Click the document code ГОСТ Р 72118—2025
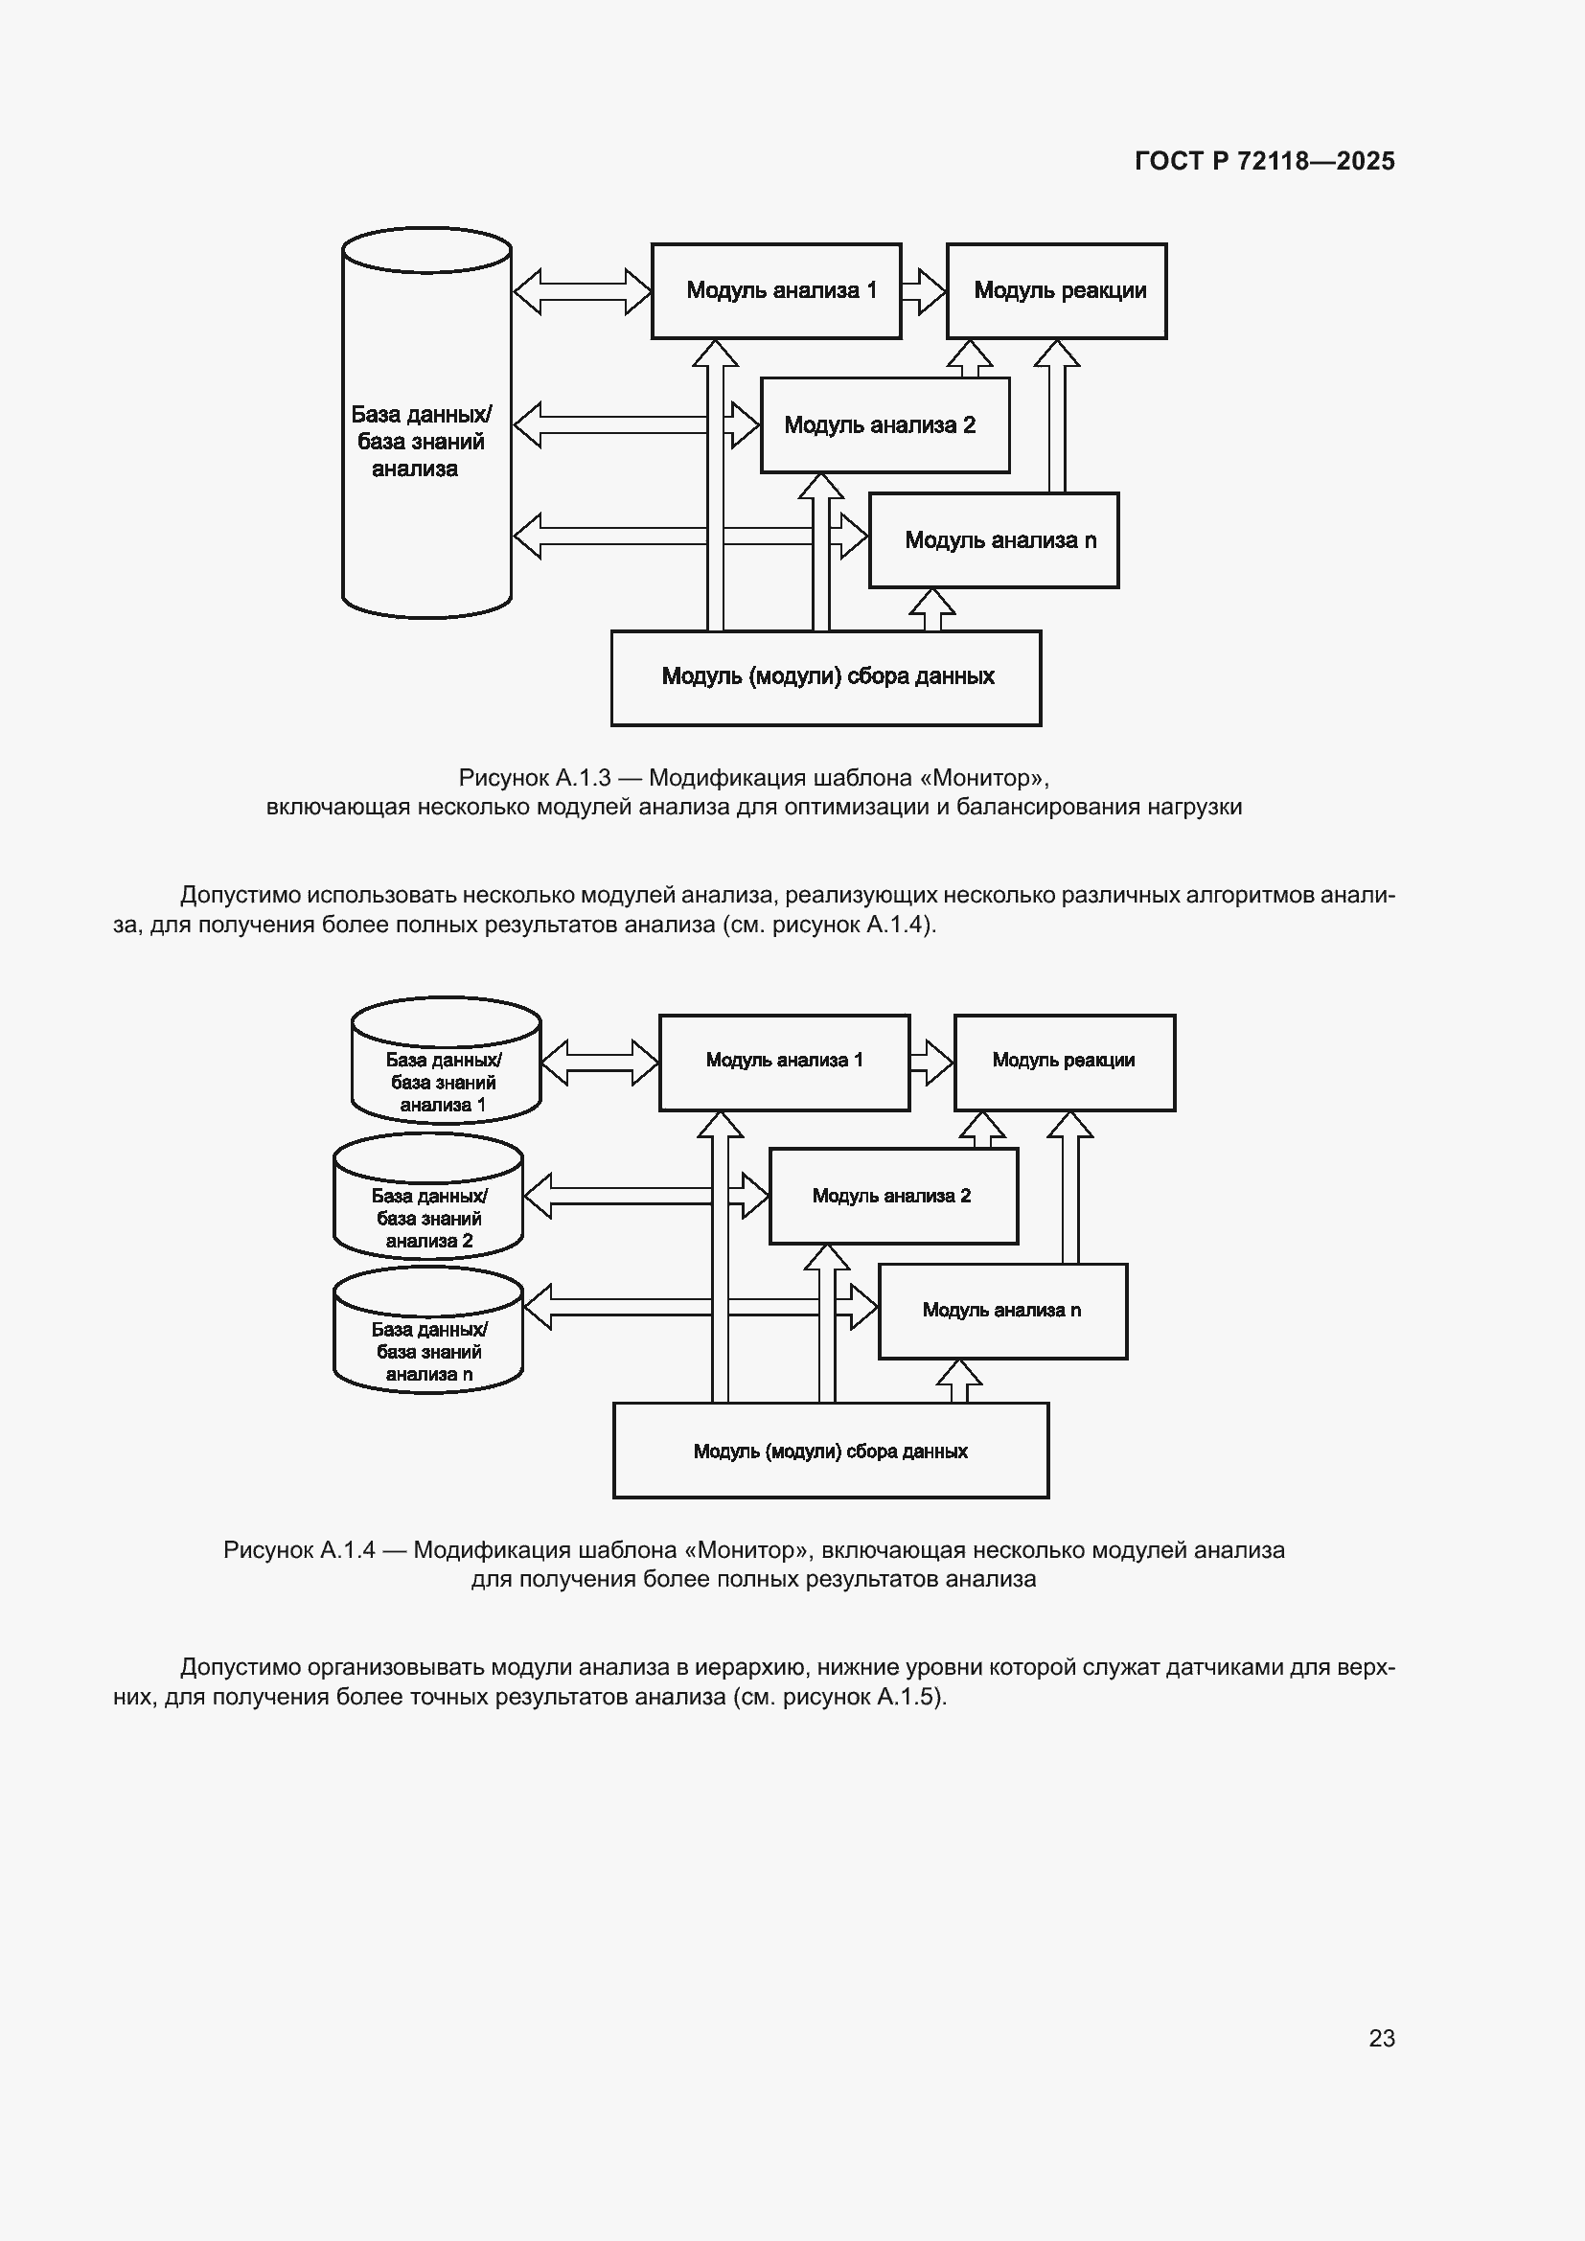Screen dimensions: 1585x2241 [1265, 161]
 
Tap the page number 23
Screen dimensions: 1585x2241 [1382, 2038]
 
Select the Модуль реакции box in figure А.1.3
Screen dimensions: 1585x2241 [1057, 291]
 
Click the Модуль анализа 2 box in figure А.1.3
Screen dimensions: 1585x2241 [885, 425]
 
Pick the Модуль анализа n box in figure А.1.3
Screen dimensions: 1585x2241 [994, 540]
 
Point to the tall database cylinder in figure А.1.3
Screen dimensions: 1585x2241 [426, 423]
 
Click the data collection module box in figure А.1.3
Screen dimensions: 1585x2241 [826, 678]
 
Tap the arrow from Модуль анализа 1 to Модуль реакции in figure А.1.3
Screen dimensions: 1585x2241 [923, 291]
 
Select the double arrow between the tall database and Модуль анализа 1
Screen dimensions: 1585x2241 [582, 291]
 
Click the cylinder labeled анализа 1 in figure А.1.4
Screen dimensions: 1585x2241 [446, 1061]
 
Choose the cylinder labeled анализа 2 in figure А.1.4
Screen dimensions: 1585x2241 [428, 1197]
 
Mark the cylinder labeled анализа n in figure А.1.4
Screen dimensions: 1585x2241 [428, 1331]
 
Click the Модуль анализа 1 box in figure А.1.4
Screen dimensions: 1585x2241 [785, 1063]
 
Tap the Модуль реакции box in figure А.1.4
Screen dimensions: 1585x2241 [1065, 1063]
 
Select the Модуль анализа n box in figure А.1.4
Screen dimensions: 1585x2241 [1003, 1312]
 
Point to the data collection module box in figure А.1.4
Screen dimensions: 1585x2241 [831, 1451]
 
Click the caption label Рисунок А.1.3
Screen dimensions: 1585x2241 [535, 778]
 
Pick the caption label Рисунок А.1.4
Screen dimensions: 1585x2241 [300, 1550]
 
